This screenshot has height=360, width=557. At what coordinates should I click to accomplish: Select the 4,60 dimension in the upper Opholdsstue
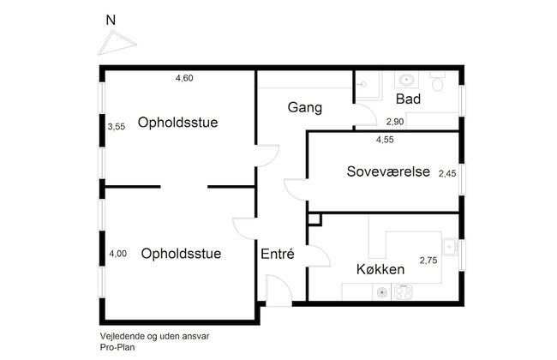point(184,79)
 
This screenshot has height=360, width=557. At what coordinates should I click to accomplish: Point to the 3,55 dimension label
point(117,127)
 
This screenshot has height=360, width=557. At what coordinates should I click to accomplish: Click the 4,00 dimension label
point(117,254)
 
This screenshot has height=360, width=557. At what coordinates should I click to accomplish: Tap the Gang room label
point(304,108)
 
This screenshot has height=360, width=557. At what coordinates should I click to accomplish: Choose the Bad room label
point(407,100)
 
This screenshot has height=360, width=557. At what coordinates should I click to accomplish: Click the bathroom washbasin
point(406,81)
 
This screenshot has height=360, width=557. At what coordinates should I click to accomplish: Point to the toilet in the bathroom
point(438,82)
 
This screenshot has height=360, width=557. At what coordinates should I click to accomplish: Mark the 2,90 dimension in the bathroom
point(395,123)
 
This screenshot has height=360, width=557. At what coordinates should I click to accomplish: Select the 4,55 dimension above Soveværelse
point(386,139)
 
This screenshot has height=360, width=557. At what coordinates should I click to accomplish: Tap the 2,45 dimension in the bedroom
point(448,173)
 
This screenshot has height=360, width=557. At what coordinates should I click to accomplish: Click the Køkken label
point(381,269)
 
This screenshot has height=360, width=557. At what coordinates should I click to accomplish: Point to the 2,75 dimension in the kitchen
point(428,260)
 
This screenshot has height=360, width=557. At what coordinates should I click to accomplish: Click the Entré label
point(278,254)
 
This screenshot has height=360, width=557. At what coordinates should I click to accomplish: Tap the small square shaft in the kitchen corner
point(314,220)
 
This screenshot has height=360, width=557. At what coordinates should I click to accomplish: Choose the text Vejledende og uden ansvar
point(154,337)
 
